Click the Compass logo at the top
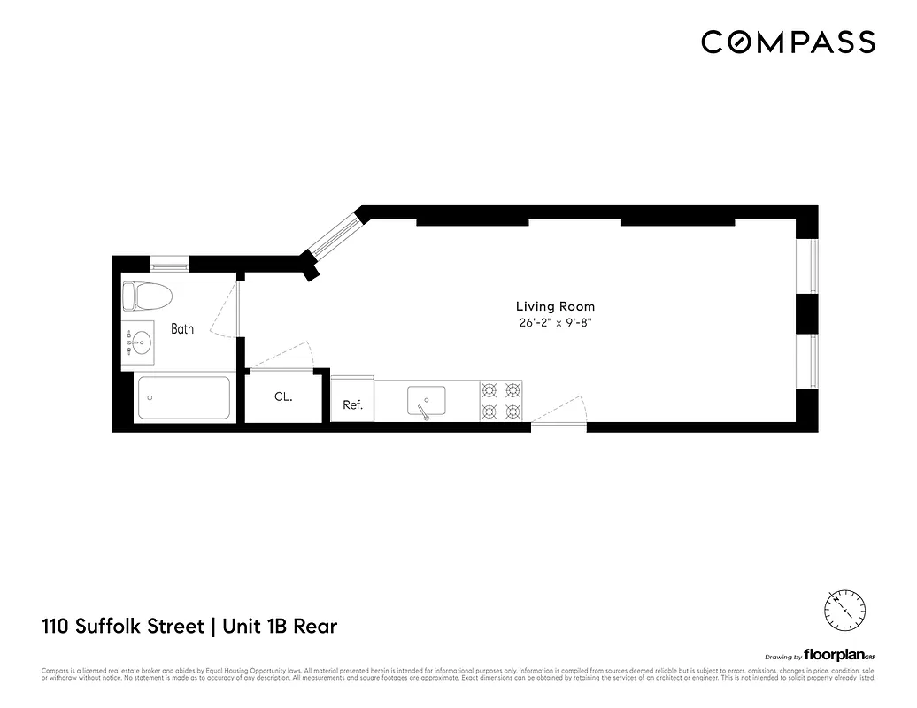point(788,42)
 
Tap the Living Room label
point(556,307)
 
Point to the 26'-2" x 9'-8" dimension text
point(556,323)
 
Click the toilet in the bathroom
point(147,296)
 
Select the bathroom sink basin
point(138,342)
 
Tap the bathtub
point(184,398)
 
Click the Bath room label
point(182,329)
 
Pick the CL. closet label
point(283,397)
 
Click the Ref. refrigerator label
point(353,405)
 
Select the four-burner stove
point(501,400)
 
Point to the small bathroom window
point(170,263)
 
